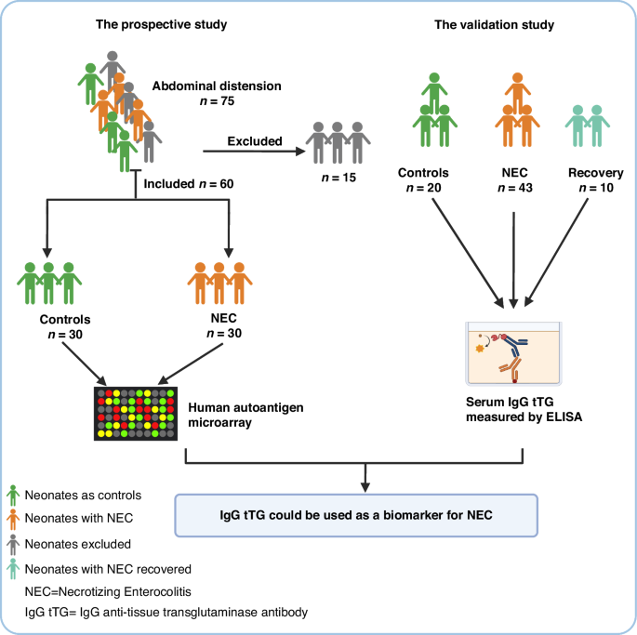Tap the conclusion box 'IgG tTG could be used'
point(357,513)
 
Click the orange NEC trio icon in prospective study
point(219,283)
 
